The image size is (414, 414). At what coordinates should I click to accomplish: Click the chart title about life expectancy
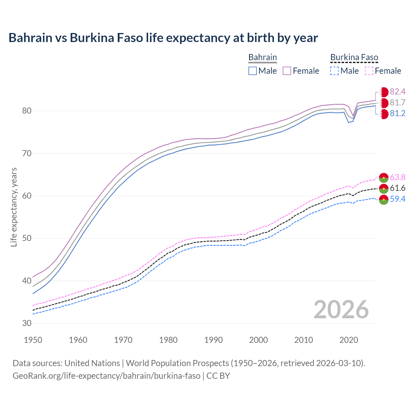[x=163, y=38]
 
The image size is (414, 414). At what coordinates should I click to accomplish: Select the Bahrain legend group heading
[x=262, y=57]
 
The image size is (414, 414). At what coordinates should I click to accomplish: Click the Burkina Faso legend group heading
[x=354, y=57]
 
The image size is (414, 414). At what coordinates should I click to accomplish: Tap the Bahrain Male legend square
[x=253, y=71]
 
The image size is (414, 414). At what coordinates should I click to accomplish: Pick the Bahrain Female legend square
[x=287, y=71]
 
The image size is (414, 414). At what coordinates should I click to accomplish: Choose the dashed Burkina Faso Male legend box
[x=334, y=71]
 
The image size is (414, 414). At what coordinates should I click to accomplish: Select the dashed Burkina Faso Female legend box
[x=369, y=71]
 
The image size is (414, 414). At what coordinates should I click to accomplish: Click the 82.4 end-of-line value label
[x=398, y=92]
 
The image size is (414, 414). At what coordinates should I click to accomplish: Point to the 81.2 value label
[x=398, y=114]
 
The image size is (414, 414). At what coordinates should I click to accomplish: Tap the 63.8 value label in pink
[x=398, y=177]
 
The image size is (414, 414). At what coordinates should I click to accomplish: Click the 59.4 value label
[x=398, y=199]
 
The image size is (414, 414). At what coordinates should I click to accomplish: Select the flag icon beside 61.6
[x=384, y=188]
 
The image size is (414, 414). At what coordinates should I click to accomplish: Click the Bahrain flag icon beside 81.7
[x=384, y=103]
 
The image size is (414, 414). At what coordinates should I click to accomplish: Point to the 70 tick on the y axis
[x=27, y=153]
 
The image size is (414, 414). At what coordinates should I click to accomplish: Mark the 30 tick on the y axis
[x=27, y=323]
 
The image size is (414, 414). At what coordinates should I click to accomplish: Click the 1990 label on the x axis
[x=213, y=340]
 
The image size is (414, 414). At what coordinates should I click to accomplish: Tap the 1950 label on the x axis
[x=33, y=340]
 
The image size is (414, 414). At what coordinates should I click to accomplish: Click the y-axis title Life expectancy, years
[x=14, y=207]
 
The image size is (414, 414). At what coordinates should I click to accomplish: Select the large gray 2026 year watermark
[x=341, y=310]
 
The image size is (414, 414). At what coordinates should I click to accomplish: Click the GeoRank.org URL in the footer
[x=106, y=376]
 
